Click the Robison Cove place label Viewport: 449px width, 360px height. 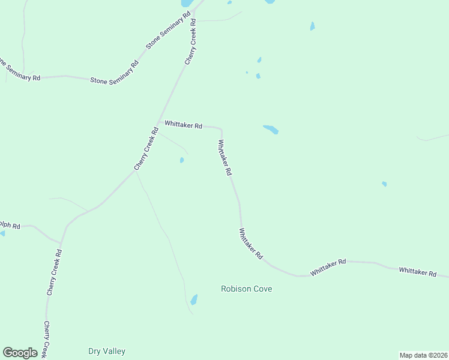coord(246,289)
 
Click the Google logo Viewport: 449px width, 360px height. coord(20,353)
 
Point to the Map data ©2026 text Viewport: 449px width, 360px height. coord(423,355)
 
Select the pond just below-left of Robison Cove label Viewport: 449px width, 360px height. coord(194,299)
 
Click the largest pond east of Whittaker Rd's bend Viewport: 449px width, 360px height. coord(271,129)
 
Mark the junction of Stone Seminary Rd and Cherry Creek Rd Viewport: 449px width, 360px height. coord(194,11)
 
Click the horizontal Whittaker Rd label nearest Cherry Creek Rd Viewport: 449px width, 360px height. coord(183,125)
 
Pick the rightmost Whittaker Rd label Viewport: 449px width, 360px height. coord(418,272)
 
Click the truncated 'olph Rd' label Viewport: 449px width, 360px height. coord(10,226)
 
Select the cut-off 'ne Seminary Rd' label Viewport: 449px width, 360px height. coord(20,70)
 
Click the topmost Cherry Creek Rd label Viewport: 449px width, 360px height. coord(191,42)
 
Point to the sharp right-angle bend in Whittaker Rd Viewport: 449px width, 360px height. coord(221,129)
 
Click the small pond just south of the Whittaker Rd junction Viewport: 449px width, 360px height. coord(181,160)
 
